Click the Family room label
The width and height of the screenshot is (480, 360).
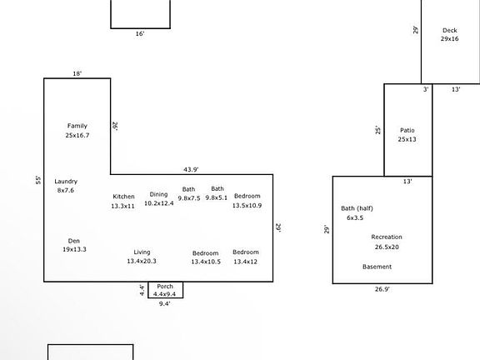(77, 126)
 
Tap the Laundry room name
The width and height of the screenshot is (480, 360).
(66, 181)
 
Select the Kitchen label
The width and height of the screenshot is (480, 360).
(123, 197)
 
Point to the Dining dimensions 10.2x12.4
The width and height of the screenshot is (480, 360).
(159, 203)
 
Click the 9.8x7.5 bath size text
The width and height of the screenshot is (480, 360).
(189, 198)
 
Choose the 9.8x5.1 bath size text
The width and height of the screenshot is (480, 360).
(217, 197)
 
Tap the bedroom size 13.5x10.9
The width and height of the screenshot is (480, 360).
(247, 205)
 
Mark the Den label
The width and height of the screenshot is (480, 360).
(74, 241)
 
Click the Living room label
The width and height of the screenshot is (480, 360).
(142, 252)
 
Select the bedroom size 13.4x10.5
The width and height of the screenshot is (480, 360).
(206, 262)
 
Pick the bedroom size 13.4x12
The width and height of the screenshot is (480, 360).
(246, 262)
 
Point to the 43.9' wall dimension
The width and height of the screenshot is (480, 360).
(191, 170)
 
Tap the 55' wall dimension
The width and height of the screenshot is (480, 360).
(38, 180)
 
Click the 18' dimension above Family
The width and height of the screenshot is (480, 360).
(77, 74)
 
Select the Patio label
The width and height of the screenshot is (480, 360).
(407, 130)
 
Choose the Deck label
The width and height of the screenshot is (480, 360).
(450, 30)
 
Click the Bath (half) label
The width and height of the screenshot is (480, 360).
(357, 208)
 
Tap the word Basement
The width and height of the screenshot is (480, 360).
(377, 267)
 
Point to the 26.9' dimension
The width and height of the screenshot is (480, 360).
(382, 289)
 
